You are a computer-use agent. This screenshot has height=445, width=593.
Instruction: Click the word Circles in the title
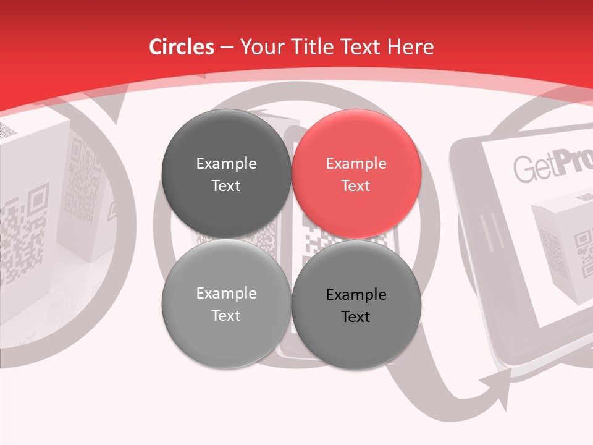click(182, 47)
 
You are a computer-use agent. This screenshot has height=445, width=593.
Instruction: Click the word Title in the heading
click(311, 47)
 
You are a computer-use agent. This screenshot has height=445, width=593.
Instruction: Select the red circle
click(356, 174)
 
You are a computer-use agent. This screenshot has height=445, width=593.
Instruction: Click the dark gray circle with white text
click(226, 174)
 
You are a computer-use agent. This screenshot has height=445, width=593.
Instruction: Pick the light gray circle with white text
click(226, 303)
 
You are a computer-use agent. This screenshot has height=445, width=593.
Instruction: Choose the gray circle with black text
click(356, 305)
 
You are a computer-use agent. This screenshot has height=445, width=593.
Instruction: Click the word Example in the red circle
click(356, 164)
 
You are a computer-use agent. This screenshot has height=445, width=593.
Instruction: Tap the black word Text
click(356, 316)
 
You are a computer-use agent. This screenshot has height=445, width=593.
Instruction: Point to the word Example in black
click(356, 295)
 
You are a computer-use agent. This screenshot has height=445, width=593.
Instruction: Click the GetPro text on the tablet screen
click(550, 166)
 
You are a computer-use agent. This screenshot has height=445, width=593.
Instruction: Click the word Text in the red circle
click(356, 185)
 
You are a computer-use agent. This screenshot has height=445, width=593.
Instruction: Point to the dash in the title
click(227, 48)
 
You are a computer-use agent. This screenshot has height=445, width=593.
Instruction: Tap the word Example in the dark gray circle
click(226, 164)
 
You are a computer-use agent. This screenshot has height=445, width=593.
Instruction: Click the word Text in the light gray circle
click(226, 315)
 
